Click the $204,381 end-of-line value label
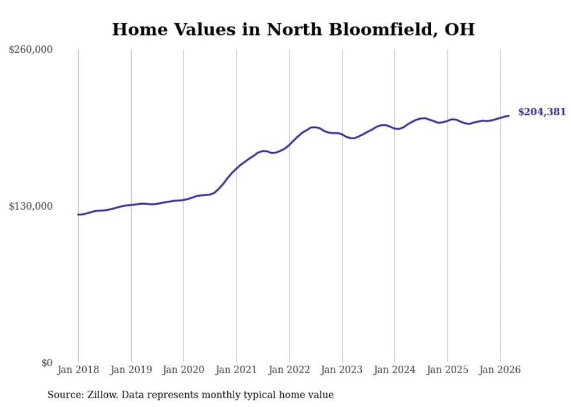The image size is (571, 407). (541, 112)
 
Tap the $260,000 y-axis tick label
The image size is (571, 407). (31, 50)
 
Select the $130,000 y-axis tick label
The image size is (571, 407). (31, 206)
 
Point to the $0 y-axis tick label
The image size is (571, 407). (47, 363)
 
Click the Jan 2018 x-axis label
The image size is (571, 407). (78, 370)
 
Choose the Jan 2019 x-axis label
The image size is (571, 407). (131, 370)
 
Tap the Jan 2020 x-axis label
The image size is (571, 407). (184, 370)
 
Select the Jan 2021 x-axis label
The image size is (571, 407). (237, 370)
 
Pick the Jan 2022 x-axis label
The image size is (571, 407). (289, 370)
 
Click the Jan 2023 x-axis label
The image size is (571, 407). (342, 370)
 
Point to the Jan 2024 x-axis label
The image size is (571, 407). (394, 370)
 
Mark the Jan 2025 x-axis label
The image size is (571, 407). (447, 370)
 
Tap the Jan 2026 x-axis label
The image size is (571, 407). (500, 370)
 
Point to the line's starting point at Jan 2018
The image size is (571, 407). (78, 215)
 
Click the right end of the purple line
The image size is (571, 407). (509, 116)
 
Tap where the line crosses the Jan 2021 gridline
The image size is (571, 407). (237, 168)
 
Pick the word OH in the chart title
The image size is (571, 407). (459, 29)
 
